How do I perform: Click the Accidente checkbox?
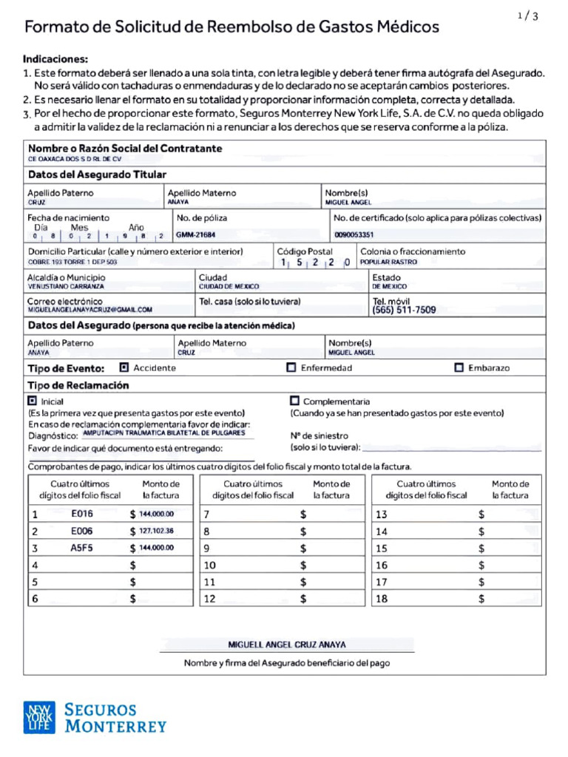pyautogui.click(x=124, y=367)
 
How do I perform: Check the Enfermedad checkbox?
pyautogui.click(x=291, y=367)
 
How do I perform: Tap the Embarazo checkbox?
pyautogui.click(x=459, y=367)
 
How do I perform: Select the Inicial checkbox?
pyautogui.click(x=32, y=400)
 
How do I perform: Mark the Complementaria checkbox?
pyautogui.click(x=294, y=400)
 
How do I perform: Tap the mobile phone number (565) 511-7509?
pyautogui.click(x=404, y=310)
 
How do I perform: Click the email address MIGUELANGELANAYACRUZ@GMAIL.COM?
pyautogui.click(x=90, y=310)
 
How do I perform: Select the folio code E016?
pyautogui.click(x=81, y=514)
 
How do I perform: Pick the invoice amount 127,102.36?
pyautogui.click(x=157, y=531)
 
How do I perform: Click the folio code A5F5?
pyautogui.click(x=81, y=548)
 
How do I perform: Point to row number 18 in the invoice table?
pyautogui.click(x=382, y=600)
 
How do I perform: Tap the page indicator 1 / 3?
pyautogui.click(x=528, y=16)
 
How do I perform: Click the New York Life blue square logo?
pyautogui.click(x=38, y=717)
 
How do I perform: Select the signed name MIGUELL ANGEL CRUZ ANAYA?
pyautogui.click(x=287, y=645)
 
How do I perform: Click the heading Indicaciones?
pyautogui.click(x=55, y=58)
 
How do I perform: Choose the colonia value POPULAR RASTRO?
pyautogui.click(x=388, y=262)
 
